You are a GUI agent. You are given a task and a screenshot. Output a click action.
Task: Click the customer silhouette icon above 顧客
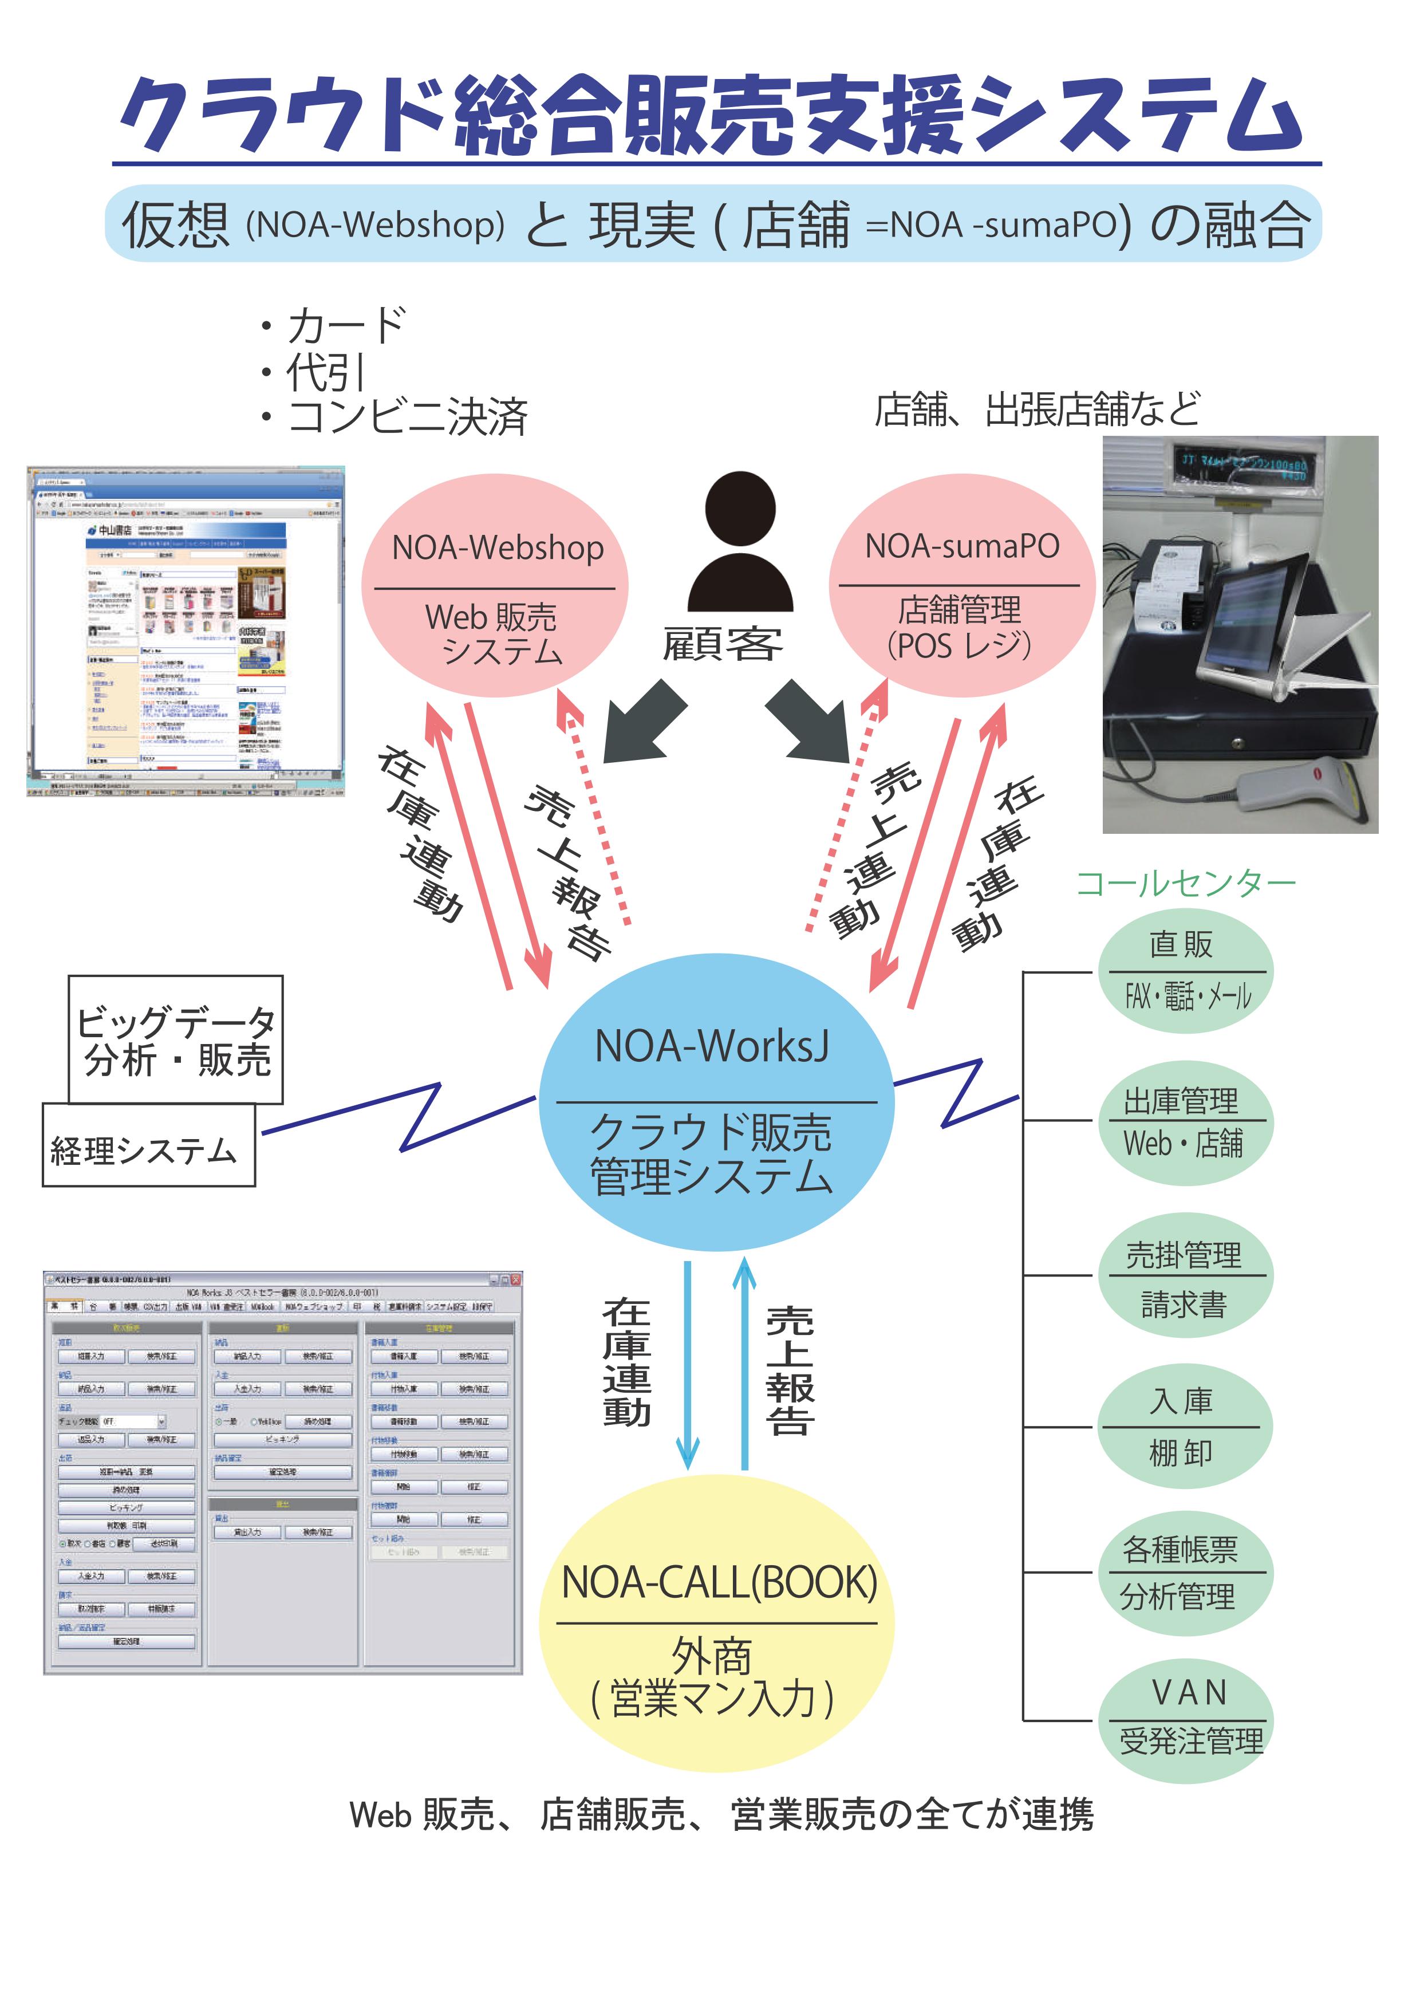point(740,542)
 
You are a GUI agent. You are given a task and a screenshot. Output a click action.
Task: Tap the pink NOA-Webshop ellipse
point(495,586)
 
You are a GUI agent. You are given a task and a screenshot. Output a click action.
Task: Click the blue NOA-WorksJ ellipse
point(716,1102)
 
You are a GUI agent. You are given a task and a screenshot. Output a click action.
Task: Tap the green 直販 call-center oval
point(1185,971)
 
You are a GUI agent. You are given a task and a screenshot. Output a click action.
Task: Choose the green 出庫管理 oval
point(1185,1124)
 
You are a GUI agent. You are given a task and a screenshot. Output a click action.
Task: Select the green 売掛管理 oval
point(1185,1276)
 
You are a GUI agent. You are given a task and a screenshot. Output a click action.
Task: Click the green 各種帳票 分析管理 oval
point(1185,1573)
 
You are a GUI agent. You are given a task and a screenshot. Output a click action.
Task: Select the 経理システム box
point(147,1148)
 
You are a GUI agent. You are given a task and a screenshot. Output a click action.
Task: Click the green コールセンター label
point(1185,884)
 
